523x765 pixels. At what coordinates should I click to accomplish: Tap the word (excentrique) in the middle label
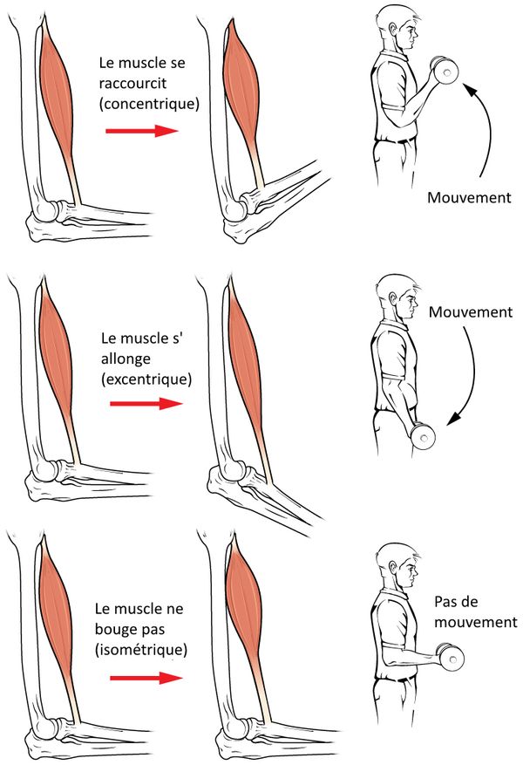click(x=146, y=378)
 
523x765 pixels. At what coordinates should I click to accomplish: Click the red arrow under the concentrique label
click(x=141, y=132)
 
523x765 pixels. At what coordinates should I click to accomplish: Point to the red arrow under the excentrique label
click(x=146, y=404)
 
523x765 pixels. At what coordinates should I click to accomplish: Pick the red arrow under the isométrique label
click(x=142, y=678)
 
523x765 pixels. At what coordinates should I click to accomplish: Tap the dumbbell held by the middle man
click(x=422, y=434)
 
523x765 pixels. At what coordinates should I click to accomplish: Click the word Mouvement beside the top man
click(x=469, y=197)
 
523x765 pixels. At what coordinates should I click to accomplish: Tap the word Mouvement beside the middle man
click(x=471, y=311)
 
